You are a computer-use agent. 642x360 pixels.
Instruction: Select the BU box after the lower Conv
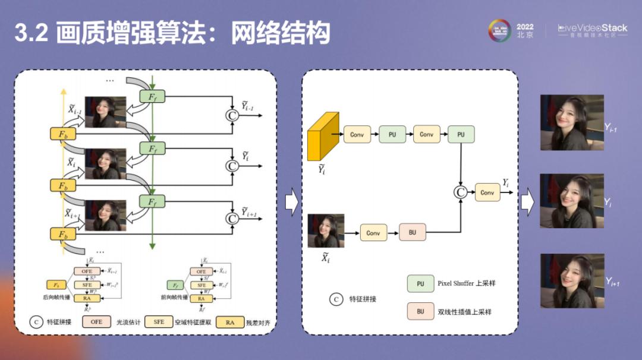click(413, 232)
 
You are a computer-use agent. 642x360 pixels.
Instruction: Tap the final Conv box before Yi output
click(487, 192)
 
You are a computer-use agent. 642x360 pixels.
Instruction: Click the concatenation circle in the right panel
click(460, 192)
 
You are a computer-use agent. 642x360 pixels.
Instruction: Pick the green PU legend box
click(420, 283)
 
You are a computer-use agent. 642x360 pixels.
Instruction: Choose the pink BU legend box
click(420, 311)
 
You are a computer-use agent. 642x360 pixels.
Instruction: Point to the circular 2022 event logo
click(499, 31)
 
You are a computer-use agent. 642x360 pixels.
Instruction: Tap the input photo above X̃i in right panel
click(326, 230)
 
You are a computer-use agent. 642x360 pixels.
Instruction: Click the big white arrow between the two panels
click(291, 203)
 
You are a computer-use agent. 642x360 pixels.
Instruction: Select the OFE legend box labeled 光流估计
click(96, 321)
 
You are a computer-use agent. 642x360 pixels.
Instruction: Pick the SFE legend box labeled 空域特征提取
click(159, 321)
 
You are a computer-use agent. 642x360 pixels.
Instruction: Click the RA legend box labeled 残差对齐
click(229, 322)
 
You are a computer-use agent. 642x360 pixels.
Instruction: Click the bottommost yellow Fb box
click(63, 234)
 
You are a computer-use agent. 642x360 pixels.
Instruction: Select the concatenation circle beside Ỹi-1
click(232, 115)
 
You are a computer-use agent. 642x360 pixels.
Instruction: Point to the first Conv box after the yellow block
click(357, 134)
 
